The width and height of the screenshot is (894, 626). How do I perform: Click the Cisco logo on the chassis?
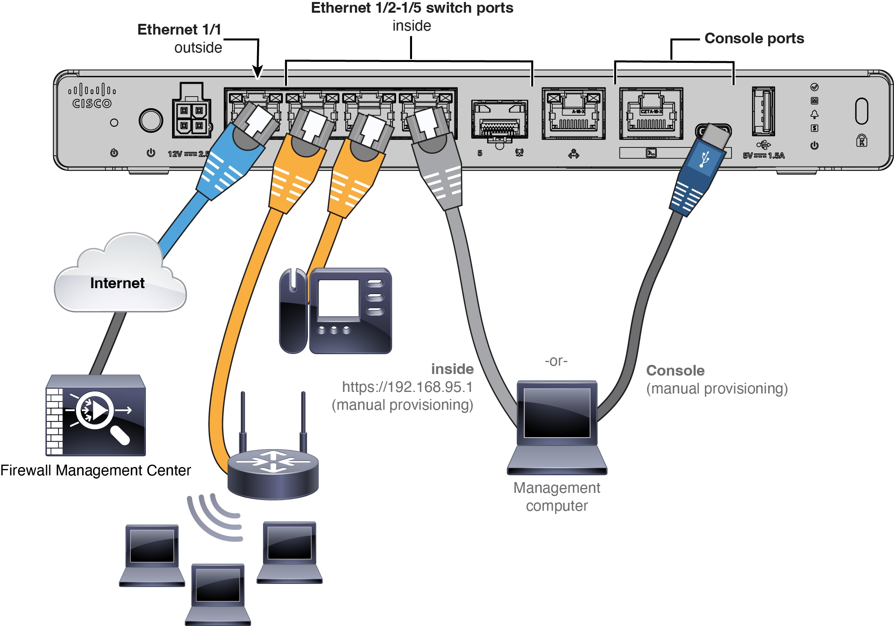tap(91, 97)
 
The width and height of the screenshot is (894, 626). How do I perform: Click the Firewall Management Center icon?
tap(95, 415)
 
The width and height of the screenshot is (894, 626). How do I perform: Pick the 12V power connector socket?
tap(192, 117)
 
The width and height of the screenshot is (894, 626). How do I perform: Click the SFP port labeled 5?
tap(499, 119)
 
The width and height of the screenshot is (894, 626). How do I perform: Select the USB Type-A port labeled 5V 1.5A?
tap(763, 111)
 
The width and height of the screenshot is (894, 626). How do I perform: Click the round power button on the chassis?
tap(151, 120)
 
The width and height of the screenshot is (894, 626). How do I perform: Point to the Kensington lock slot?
tap(861, 111)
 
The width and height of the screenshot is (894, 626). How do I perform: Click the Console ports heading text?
tap(754, 39)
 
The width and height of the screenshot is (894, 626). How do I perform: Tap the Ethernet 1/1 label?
tap(179, 30)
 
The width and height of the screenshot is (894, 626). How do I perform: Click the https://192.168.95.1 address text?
tap(407, 387)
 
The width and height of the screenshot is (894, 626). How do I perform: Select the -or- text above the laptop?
tap(556, 361)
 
